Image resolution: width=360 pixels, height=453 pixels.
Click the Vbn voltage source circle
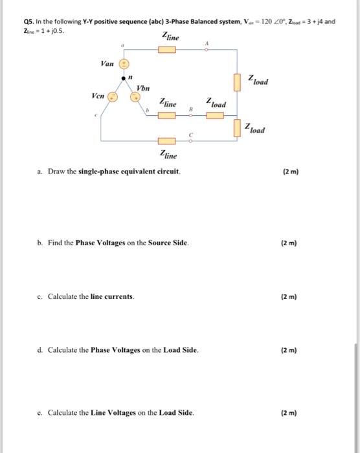137,97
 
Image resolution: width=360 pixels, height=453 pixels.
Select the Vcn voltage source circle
111,97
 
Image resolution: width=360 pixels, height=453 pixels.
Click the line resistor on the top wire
168,52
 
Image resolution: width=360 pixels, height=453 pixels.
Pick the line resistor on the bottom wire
168,140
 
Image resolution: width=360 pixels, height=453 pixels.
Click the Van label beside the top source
107,63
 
